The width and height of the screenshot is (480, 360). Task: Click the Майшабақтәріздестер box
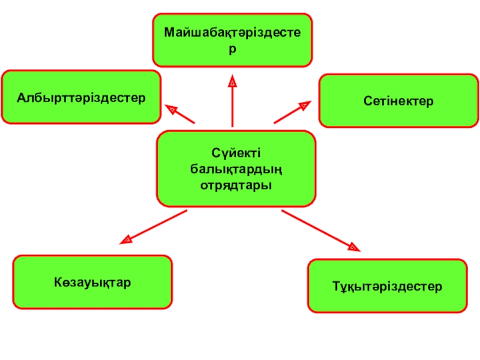232,39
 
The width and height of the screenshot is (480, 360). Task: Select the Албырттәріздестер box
81,97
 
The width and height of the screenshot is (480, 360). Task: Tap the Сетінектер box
398,101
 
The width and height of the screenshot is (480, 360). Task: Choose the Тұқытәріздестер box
387,286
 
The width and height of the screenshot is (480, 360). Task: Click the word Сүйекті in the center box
236,154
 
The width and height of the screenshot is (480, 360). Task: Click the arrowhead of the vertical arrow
232,79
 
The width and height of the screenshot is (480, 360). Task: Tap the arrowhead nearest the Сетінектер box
304,106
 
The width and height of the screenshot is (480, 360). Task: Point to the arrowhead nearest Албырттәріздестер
172,110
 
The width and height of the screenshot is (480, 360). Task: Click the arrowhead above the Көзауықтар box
126,240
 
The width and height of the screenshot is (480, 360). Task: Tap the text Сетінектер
398,101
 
